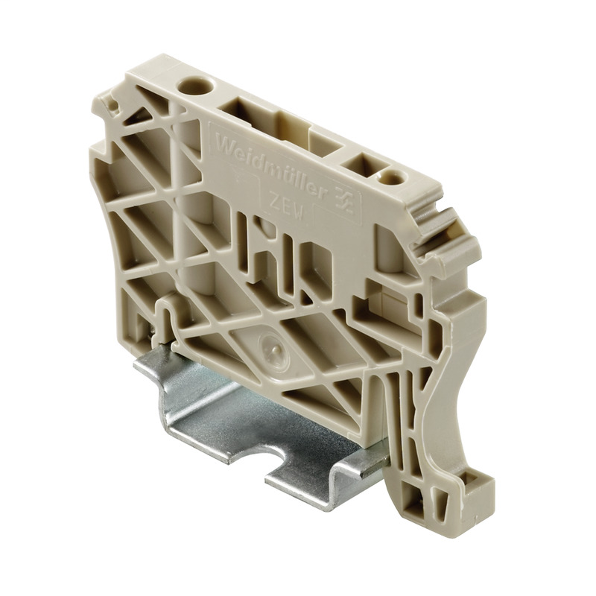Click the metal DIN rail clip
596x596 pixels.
246,417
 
